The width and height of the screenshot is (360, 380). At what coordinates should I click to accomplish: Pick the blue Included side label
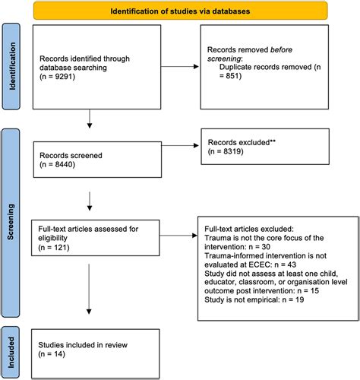click(x=10, y=347)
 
